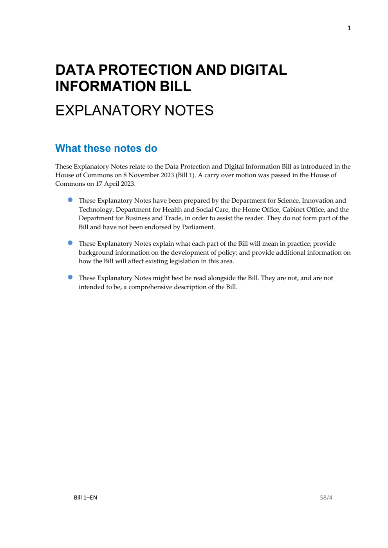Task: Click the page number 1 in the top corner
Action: point(349,28)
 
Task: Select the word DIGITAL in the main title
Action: point(258,70)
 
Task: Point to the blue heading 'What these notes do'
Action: point(106,149)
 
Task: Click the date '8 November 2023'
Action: point(148,175)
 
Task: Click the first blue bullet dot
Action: point(70,200)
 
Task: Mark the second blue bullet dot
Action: point(70,243)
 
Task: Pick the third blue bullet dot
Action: point(70,277)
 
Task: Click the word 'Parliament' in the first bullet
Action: point(198,227)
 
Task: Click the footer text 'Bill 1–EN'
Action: point(85,498)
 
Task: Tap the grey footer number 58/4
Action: point(326,498)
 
